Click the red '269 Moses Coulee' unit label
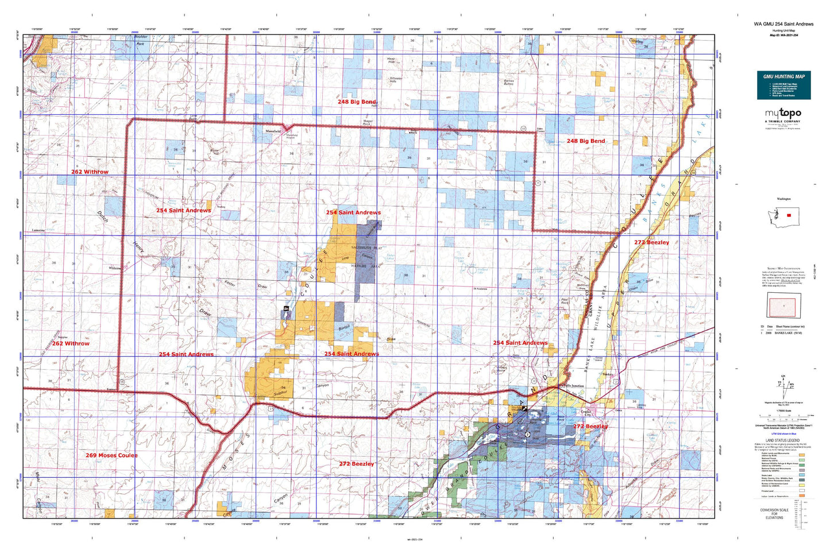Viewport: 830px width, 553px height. pyautogui.click(x=111, y=455)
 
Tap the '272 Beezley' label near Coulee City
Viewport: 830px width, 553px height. pyautogui.click(x=590, y=427)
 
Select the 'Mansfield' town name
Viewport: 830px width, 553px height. pyautogui.click(x=273, y=132)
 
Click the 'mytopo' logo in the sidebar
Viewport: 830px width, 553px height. pyautogui.click(x=783, y=114)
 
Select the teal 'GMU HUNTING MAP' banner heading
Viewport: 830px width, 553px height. pyautogui.click(x=783, y=76)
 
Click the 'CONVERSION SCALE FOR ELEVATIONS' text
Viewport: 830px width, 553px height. pyautogui.click(x=774, y=513)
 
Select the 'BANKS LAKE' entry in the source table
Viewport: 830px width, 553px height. pyautogui.click(x=789, y=332)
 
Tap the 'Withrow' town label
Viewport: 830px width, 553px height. pyautogui.click(x=115, y=268)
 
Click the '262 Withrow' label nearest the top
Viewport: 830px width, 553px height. pyautogui.click(x=90, y=172)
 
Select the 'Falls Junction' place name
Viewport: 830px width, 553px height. pyautogui.click(x=573, y=386)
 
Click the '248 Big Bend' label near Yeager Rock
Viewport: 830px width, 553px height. pyautogui.click(x=357, y=102)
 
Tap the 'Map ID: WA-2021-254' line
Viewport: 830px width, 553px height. pyautogui.click(x=783, y=35)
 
